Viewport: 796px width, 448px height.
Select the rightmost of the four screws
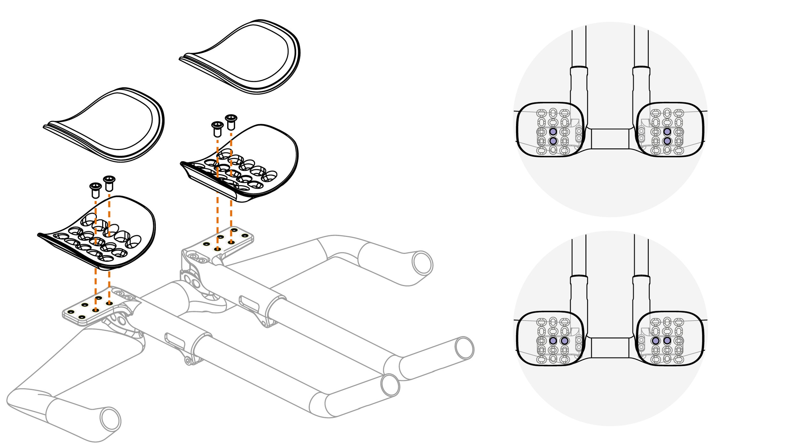(x=231, y=122)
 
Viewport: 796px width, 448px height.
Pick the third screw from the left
(x=217, y=128)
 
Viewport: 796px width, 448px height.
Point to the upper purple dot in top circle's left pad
(x=553, y=132)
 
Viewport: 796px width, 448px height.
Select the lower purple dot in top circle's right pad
(x=667, y=141)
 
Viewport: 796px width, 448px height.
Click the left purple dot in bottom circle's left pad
(x=553, y=341)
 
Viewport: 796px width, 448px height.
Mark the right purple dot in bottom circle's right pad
(x=667, y=341)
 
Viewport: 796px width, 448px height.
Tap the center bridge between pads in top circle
(x=610, y=138)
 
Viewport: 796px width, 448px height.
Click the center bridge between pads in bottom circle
(x=610, y=348)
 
